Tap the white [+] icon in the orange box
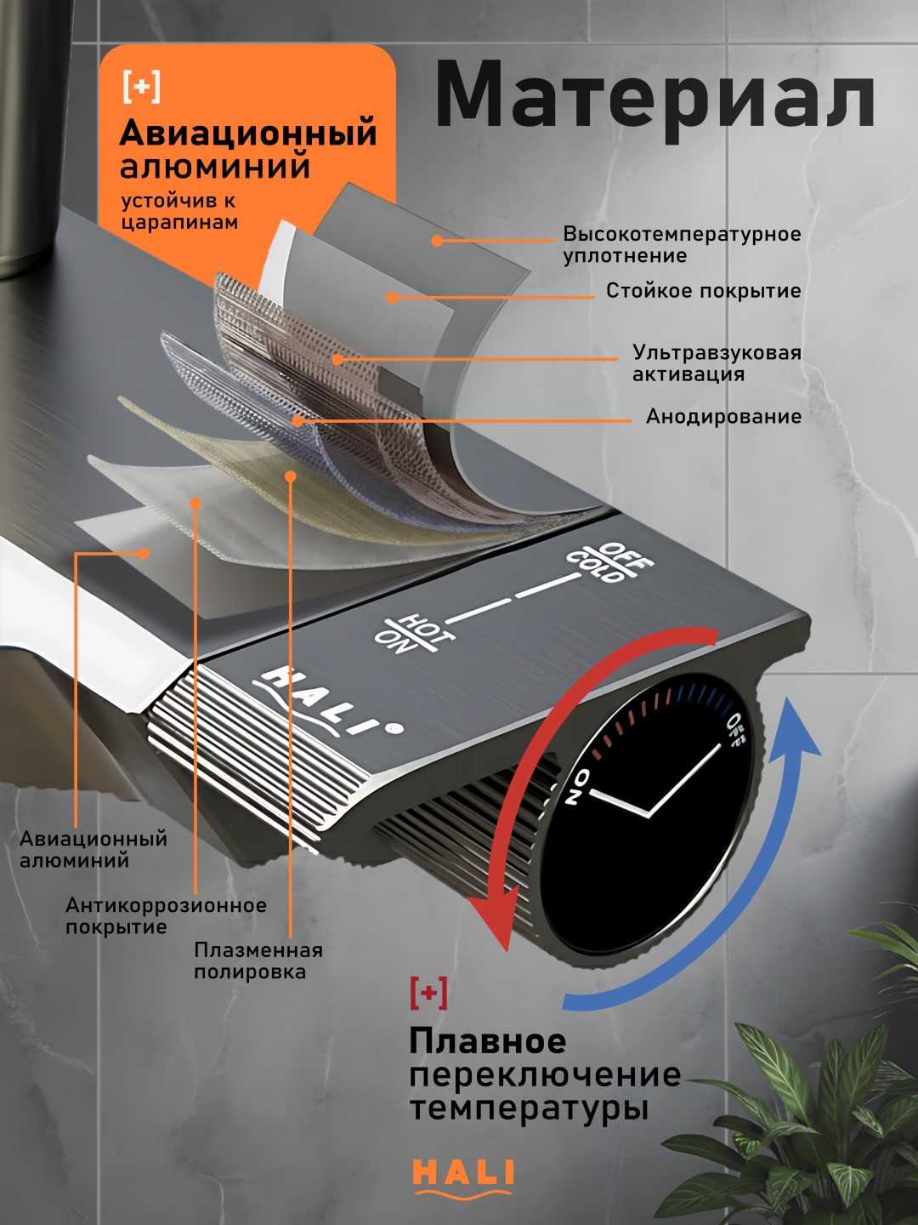click(142, 88)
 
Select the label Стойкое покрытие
click(704, 290)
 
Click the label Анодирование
click(723, 416)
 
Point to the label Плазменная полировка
click(258, 960)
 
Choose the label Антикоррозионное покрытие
click(166, 916)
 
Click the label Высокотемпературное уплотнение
click(682, 244)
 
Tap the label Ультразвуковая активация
click(717, 362)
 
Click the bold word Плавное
click(488, 1041)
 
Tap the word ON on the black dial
click(576, 787)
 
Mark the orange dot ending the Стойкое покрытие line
click(393, 297)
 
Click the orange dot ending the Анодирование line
click(298, 420)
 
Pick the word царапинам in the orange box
click(179, 223)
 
